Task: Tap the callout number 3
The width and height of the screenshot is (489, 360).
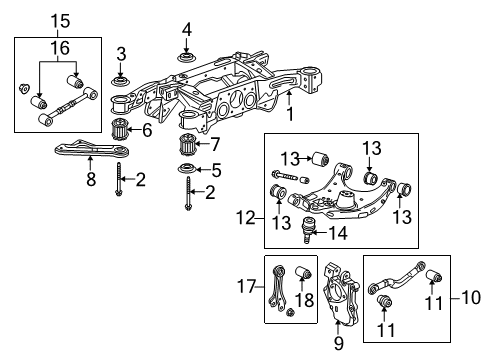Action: [x=120, y=53]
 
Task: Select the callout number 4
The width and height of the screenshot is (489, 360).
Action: [x=186, y=27]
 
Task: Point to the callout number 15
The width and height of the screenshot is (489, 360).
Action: [x=34, y=19]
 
